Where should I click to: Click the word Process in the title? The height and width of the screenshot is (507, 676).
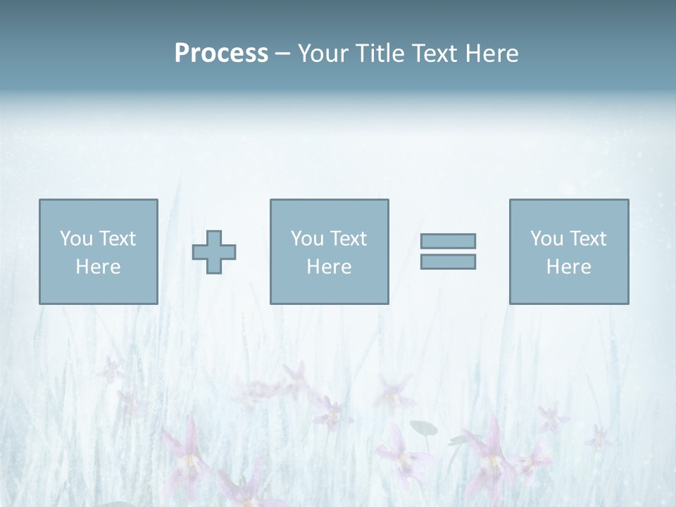click(x=221, y=54)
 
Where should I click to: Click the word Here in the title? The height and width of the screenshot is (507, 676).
click(x=492, y=54)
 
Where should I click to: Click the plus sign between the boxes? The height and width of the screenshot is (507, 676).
click(x=214, y=252)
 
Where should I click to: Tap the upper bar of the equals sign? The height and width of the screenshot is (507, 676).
click(x=448, y=241)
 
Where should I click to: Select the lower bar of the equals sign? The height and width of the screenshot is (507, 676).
click(x=448, y=261)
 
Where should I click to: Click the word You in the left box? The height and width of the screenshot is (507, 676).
click(x=75, y=239)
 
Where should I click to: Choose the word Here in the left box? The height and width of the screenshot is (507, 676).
click(x=98, y=267)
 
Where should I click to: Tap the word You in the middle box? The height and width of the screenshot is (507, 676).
click(x=306, y=239)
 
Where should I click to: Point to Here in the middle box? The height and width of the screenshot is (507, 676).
click(x=329, y=267)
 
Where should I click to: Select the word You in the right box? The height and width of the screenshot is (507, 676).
click(x=546, y=239)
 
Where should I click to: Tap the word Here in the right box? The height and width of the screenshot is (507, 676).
click(x=568, y=267)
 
